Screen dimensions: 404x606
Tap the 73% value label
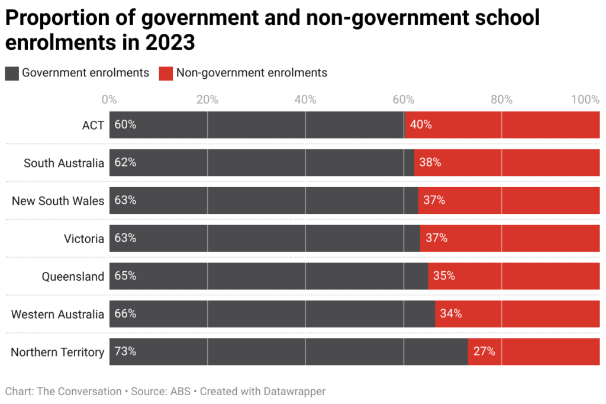tap(125, 351)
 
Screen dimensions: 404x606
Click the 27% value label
tap(484, 351)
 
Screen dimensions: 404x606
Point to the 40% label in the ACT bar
tap(421, 125)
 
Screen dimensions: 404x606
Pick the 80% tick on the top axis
tap(501, 100)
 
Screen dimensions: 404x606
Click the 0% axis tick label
tap(109, 100)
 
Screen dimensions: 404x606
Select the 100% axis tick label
tap(586, 100)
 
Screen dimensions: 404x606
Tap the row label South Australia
tap(64, 163)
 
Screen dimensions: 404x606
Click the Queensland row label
tap(73, 277)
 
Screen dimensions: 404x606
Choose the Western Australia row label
tap(57, 315)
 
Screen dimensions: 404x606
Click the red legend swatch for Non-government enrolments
tap(166, 73)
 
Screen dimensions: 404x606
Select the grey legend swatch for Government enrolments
tap(12, 73)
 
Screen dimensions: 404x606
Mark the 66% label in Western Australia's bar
tap(125, 313)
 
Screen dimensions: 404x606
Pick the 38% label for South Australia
tap(430, 162)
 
